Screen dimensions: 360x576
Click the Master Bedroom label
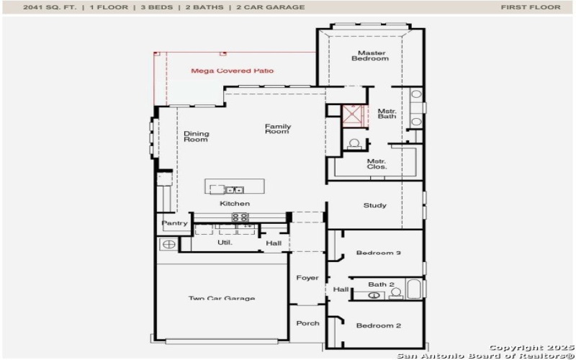(x=369, y=55)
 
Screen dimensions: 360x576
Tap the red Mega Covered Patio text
(x=232, y=71)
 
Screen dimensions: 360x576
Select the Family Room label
(x=277, y=129)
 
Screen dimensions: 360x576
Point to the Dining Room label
(x=196, y=136)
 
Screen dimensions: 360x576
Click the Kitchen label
(x=235, y=204)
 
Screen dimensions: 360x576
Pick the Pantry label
(x=174, y=223)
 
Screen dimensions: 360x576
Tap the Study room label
(x=374, y=205)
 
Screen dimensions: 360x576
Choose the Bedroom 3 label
(x=378, y=253)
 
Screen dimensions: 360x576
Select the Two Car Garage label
(x=222, y=298)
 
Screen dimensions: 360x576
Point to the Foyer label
(x=307, y=278)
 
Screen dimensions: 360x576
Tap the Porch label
(x=307, y=323)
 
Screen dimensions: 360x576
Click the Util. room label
(x=225, y=243)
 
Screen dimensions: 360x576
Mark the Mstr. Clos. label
(x=377, y=163)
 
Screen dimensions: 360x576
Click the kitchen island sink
(x=234, y=190)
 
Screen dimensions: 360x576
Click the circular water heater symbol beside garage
(x=168, y=245)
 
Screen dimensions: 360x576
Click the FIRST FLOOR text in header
(x=530, y=7)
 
